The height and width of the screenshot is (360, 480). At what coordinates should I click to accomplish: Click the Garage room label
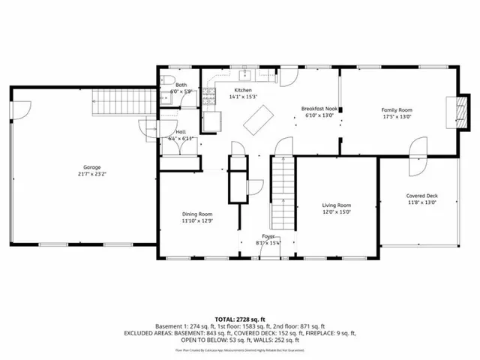(92, 166)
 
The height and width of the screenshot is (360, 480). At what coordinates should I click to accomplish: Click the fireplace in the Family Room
(451, 110)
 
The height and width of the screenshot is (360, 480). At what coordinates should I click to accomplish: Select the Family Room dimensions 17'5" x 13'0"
(397, 117)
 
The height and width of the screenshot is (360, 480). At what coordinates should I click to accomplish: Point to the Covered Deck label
(421, 196)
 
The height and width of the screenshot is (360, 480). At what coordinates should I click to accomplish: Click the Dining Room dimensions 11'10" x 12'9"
(196, 220)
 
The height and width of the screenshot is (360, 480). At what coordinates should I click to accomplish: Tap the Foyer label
(268, 236)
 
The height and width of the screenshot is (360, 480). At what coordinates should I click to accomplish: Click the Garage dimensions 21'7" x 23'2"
(92, 173)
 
